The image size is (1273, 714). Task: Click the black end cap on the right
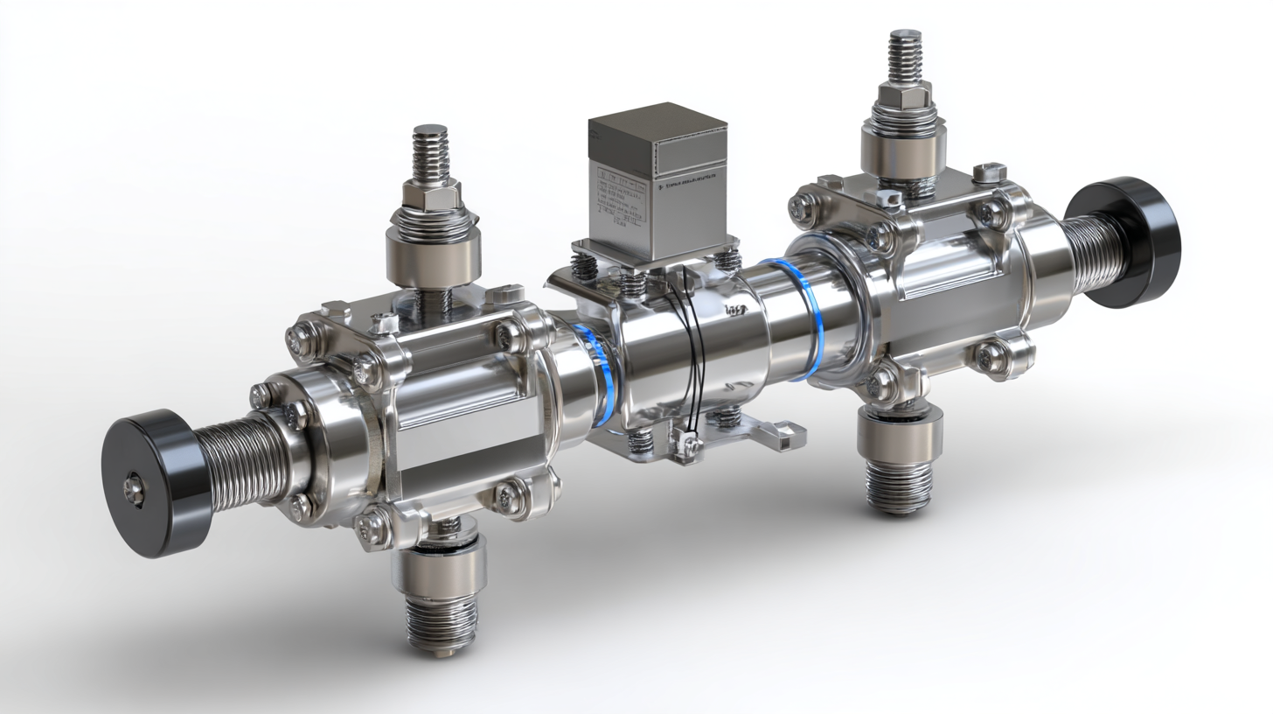tap(1135, 241)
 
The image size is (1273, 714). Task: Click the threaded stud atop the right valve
tap(906, 56)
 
